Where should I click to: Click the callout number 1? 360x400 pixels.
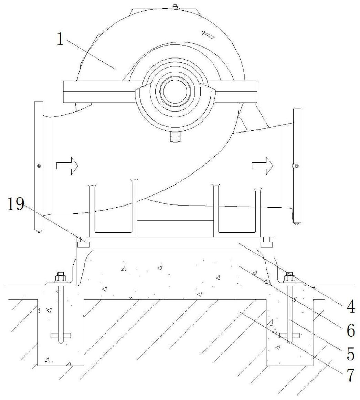(60, 40)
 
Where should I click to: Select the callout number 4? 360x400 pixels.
(351, 306)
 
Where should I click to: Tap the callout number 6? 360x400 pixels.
(351, 331)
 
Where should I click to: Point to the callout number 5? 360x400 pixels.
(351, 354)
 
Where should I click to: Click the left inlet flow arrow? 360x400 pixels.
(67, 166)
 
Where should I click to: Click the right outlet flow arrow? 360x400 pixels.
(262, 166)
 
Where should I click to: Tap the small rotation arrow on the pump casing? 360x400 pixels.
(208, 34)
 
